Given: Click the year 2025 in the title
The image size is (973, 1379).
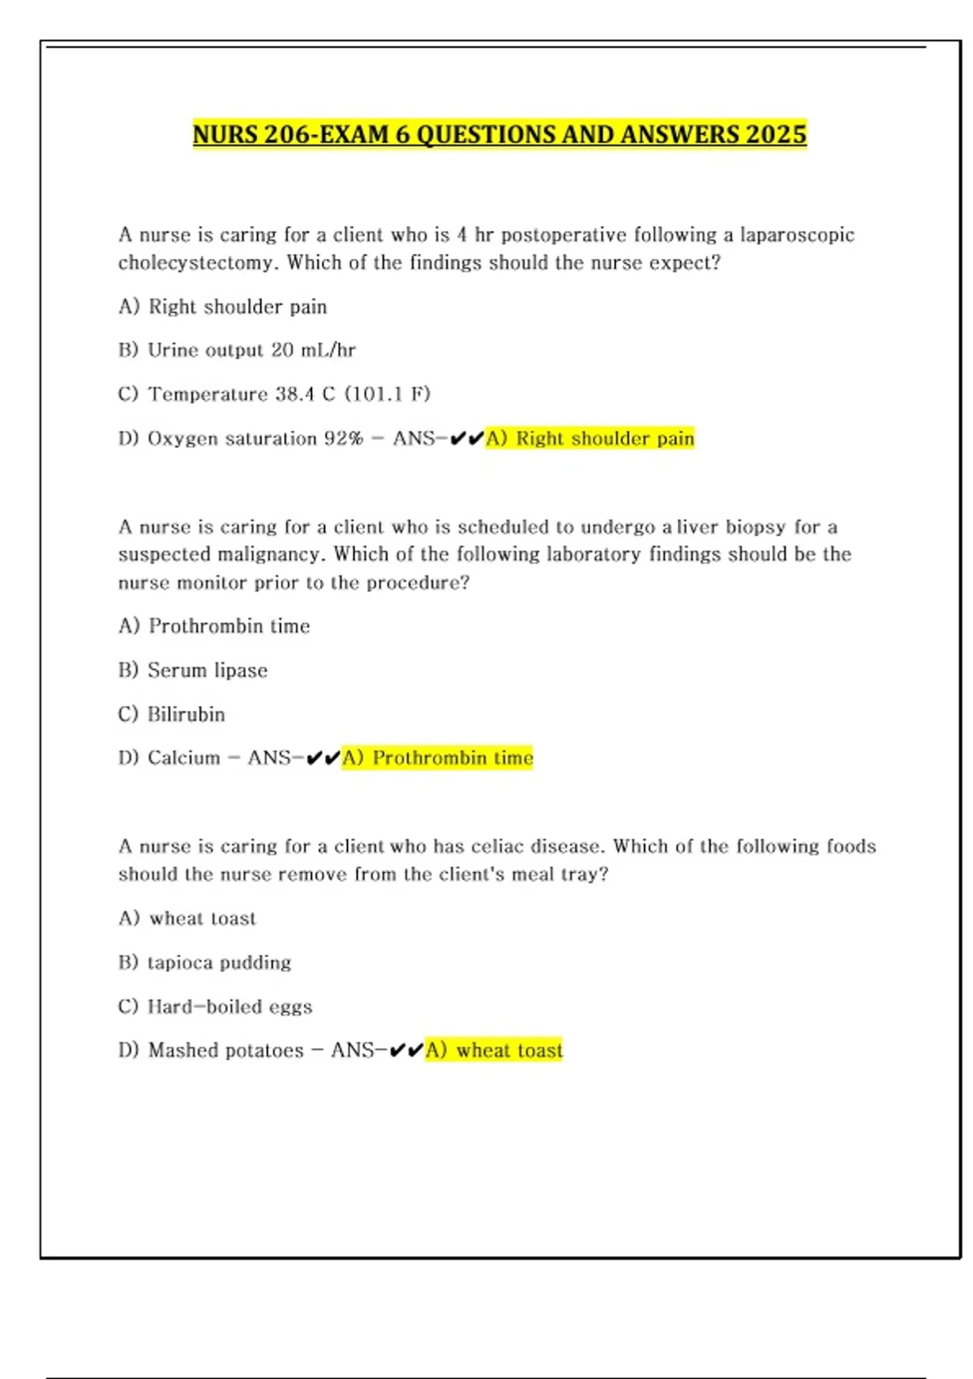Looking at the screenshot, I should point(776,134).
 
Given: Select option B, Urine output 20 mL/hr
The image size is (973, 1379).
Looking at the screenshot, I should point(237,350).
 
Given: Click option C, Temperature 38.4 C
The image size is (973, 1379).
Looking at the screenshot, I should point(274,394).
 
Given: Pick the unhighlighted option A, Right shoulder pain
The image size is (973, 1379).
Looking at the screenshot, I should point(223,307).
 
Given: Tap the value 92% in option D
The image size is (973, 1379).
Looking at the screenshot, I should point(344,439).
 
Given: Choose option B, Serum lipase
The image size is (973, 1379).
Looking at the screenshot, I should point(193,670).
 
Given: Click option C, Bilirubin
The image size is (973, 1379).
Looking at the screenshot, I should point(172,715).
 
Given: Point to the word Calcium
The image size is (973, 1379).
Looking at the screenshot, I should point(184,758).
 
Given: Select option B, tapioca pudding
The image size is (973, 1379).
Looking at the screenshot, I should point(205,963).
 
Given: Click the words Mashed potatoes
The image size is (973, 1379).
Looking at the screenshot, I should point(226,1050).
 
